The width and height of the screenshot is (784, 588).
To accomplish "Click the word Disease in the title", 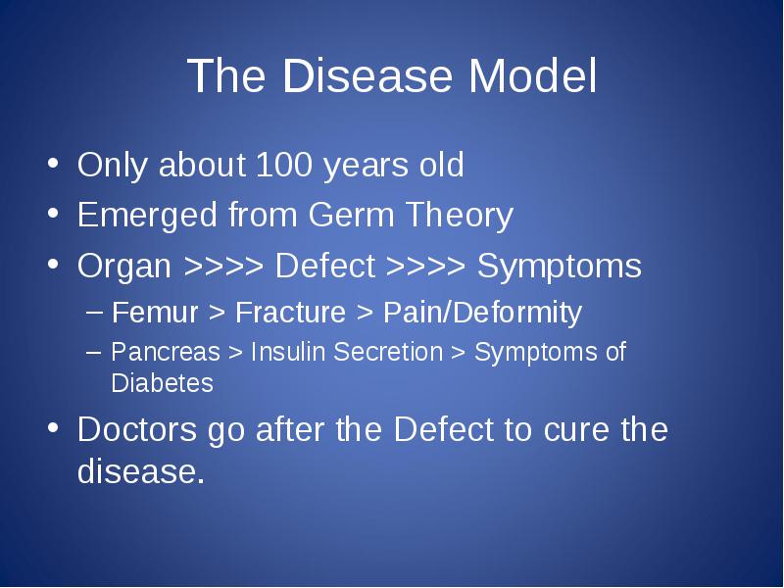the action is pos(367,75).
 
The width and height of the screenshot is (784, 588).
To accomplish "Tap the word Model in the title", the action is pos(532,75).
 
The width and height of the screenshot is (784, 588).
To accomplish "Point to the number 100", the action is pos(284,164).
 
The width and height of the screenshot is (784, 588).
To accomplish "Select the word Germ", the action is pos(351,215).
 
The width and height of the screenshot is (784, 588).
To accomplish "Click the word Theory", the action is pos(460,216).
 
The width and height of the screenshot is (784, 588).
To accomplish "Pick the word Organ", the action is pos(124,267).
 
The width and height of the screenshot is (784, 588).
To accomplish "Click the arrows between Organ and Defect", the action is pos(223,266).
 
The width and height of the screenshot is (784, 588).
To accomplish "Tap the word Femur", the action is pos(155,313).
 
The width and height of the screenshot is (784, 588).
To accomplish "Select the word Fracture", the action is pos(290,313).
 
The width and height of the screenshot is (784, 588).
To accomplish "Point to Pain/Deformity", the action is pos(482,314).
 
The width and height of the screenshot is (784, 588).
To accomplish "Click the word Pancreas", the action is pos(166,352).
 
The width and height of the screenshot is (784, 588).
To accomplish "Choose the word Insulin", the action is pos(281,351).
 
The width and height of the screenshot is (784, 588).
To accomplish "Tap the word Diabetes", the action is pos(162,383).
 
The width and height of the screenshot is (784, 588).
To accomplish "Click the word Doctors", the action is pos(137,429).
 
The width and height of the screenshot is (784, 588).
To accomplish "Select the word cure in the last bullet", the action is pos(576,430).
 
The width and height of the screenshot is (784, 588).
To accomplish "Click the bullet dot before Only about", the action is pos(53,164).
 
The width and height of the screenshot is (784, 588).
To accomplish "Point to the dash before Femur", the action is pos(94,313).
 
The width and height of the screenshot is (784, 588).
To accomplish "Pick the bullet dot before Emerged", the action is pos(53,214).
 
